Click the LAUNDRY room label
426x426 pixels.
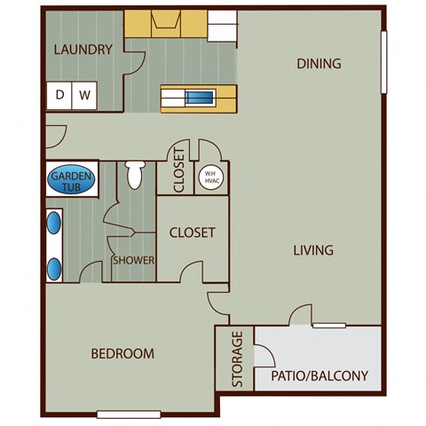pyautogui.click(x=83, y=50)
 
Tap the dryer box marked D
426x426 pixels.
pyautogui.click(x=61, y=94)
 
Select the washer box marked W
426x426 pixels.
pyautogui.click(x=85, y=94)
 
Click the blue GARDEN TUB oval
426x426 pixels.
pyautogui.click(x=68, y=181)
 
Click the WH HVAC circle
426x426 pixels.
pyautogui.click(x=210, y=177)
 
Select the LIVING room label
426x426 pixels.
pyautogui.click(x=313, y=250)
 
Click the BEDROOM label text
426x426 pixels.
pyautogui.click(x=122, y=353)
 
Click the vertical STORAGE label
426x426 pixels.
pyautogui.click(x=236, y=359)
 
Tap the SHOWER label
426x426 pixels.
pyautogui.click(x=133, y=261)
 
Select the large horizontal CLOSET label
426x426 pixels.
pyautogui.click(x=193, y=233)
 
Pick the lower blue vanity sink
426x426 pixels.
pyautogui.click(x=54, y=265)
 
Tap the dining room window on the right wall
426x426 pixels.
pyautogui.click(x=383, y=62)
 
